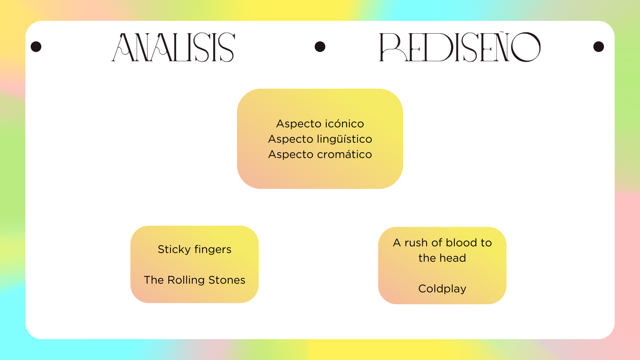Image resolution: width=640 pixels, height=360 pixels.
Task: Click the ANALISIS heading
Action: point(173,47)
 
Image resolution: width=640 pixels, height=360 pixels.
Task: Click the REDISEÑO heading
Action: point(460,47)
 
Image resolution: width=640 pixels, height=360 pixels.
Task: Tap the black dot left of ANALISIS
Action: point(36,47)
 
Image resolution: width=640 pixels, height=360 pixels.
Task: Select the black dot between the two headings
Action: point(320,47)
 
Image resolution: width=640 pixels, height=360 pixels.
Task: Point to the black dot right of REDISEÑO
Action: point(599,47)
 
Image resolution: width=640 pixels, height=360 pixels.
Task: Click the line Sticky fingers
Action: point(195,250)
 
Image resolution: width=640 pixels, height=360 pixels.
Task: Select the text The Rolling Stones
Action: point(195,280)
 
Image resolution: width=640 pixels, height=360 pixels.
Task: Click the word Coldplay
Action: point(442,289)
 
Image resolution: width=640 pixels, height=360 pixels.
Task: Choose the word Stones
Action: point(227,280)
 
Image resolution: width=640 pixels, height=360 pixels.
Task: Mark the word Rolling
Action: point(186,280)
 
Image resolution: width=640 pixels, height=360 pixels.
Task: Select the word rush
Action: point(416,243)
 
